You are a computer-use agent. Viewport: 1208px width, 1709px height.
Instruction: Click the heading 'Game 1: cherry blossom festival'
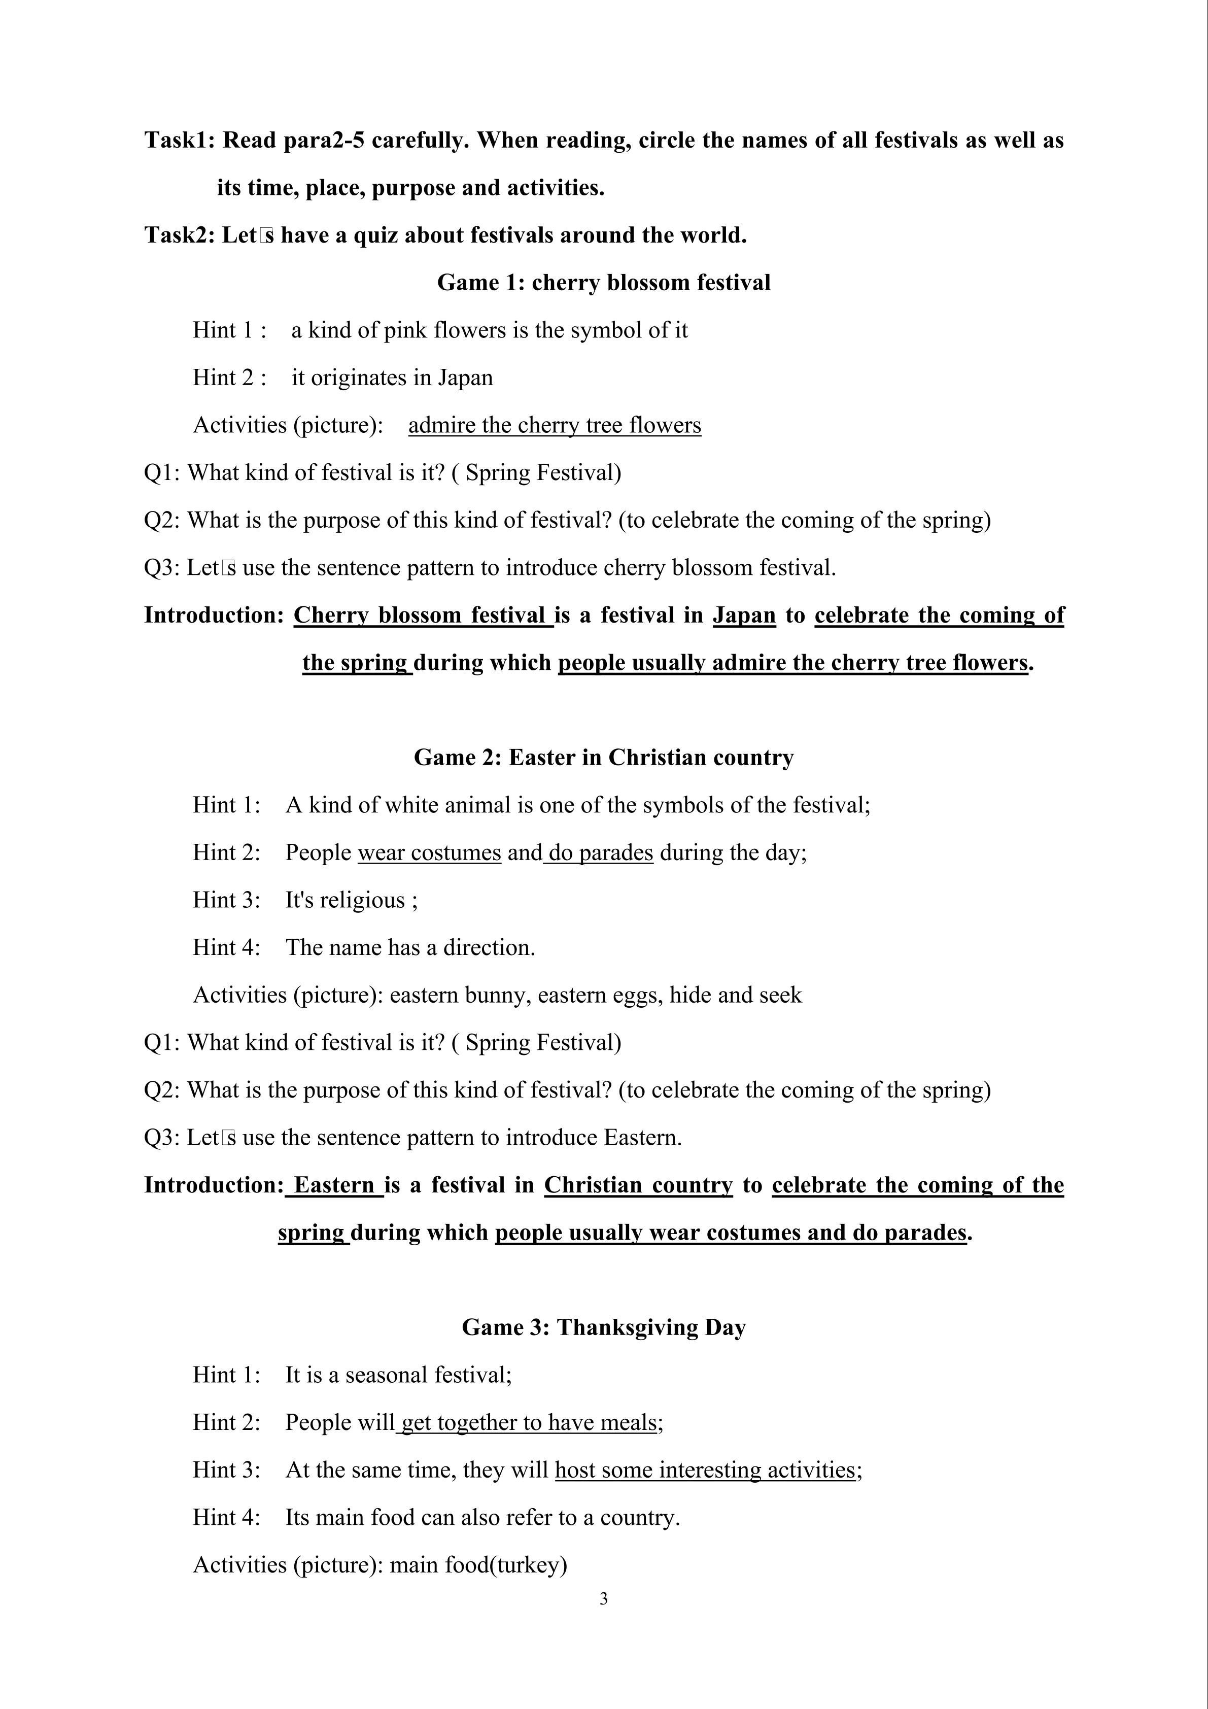(x=604, y=283)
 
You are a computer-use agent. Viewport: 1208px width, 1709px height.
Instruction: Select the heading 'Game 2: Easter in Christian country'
(x=604, y=758)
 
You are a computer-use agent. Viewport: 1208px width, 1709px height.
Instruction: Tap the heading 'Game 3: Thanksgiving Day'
(x=604, y=1327)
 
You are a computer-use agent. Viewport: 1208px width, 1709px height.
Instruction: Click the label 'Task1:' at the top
(x=180, y=141)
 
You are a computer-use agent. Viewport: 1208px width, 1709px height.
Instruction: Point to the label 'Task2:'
(x=180, y=236)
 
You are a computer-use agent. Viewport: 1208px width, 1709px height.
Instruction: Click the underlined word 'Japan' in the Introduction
(x=744, y=616)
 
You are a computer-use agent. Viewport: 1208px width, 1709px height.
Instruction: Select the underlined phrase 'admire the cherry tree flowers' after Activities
(x=555, y=425)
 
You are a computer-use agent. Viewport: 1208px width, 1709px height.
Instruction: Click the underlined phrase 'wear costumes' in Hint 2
(x=429, y=852)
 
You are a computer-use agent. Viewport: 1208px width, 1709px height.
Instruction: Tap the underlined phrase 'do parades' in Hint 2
(x=600, y=852)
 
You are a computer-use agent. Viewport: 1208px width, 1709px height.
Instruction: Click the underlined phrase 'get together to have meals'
(x=529, y=1422)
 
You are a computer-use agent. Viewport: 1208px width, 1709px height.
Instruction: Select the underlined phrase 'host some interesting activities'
(x=705, y=1470)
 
